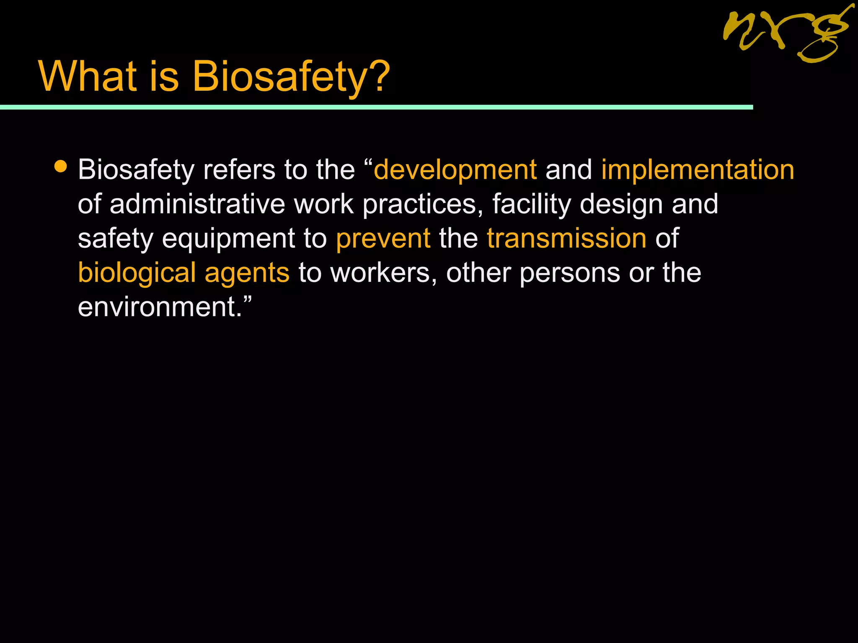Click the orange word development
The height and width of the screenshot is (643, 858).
pyautogui.click(x=455, y=170)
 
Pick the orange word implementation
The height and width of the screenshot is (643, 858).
pyautogui.click(x=698, y=170)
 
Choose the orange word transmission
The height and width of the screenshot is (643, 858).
pyautogui.click(x=566, y=239)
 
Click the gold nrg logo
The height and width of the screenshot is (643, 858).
pyautogui.click(x=787, y=33)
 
